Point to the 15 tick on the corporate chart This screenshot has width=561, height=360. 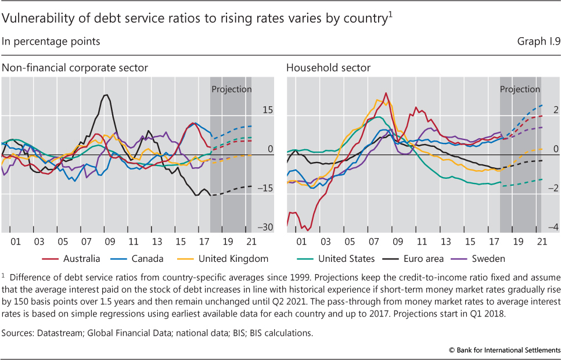pos(267,110)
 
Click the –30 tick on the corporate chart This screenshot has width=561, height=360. pos(265,228)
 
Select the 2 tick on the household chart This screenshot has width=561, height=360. pos(555,110)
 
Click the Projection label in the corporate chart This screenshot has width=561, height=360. pos(231,89)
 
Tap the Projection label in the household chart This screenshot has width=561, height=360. pos(520,89)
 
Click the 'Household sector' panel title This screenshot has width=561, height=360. pos(328,69)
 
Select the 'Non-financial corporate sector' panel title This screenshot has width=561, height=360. pos(75,69)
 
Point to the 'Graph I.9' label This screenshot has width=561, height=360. pos(537,41)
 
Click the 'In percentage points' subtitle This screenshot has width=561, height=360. pos(51,41)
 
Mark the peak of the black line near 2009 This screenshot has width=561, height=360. pos(106,95)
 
